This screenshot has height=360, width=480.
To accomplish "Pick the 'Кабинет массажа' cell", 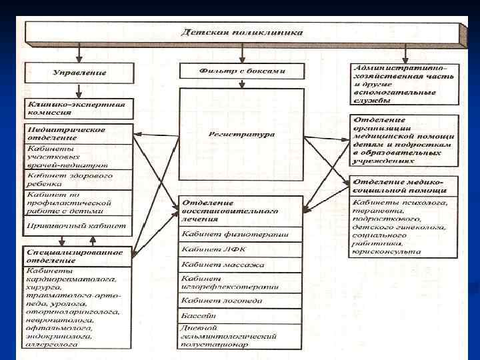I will pos(241,265).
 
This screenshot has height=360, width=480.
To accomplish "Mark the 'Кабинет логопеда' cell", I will pos(241,301).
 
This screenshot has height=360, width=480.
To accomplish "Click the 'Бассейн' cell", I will pos(241,315).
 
